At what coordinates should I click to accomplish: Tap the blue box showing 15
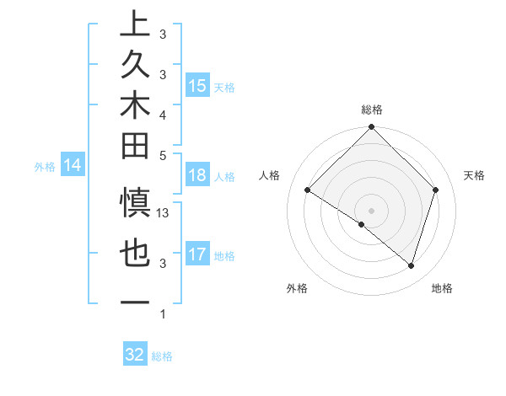tap(197, 85)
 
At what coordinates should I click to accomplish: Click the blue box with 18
tap(197, 175)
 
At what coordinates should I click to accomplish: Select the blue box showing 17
tap(197, 254)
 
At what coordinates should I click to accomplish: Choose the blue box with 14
tap(73, 165)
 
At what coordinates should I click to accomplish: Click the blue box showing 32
tap(135, 355)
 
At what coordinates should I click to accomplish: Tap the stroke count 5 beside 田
tap(163, 155)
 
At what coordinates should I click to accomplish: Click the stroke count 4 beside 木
tap(163, 114)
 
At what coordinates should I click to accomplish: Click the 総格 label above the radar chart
tap(372, 110)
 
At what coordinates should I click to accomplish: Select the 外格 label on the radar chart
tap(297, 288)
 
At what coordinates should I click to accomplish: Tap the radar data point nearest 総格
tap(371, 128)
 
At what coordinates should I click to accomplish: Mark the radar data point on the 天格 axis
tap(436, 190)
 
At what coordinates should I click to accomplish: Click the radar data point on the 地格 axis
tap(411, 265)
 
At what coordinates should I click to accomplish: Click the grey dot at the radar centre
tap(371, 210)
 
